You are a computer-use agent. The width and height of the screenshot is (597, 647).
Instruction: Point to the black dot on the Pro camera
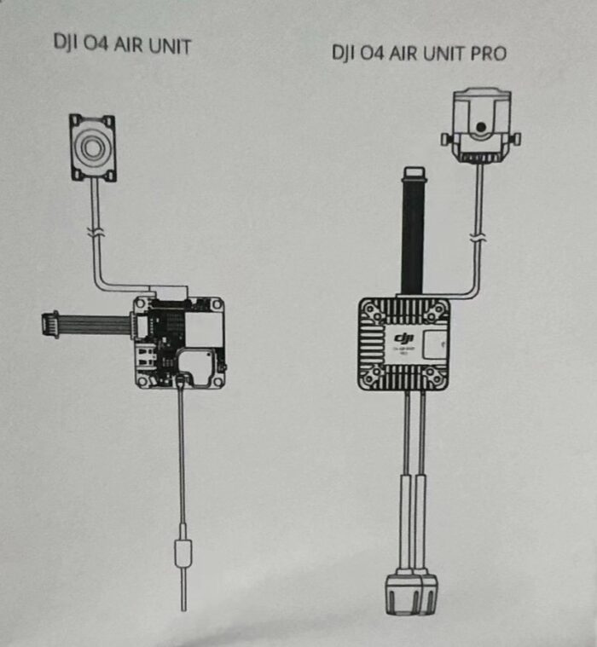coord(482,127)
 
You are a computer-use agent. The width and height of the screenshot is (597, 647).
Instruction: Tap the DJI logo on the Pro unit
coord(403,340)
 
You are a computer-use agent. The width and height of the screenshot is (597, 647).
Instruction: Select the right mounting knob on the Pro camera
coord(516,138)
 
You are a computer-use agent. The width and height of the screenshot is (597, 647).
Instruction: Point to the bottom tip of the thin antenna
coord(183,607)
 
